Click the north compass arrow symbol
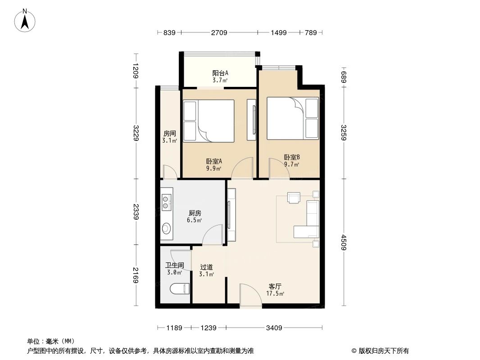click(x=26, y=20)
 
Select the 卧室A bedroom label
click(x=214, y=165)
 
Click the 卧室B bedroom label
click(x=292, y=161)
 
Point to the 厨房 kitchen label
click(x=195, y=217)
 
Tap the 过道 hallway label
click(x=206, y=270)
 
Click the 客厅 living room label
click(x=276, y=290)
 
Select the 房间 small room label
click(x=169, y=137)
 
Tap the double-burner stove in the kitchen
click(x=166, y=202)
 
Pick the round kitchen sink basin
click(x=166, y=228)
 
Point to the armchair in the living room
click(x=294, y=198)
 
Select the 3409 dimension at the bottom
click(x=273, y=328)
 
